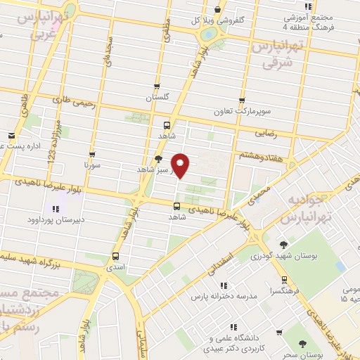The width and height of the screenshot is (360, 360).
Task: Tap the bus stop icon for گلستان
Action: point(157,86)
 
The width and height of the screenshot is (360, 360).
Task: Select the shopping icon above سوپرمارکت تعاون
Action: point(243,101)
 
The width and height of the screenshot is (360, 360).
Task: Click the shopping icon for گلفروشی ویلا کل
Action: point(219,10)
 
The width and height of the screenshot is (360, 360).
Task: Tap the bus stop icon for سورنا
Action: point(92,154)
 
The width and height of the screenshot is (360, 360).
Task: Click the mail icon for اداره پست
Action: point(11,136)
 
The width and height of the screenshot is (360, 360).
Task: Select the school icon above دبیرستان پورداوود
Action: point(56,209)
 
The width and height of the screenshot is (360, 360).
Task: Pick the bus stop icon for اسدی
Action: point(116,256)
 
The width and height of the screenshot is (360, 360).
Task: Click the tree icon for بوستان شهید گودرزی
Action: point(283,244)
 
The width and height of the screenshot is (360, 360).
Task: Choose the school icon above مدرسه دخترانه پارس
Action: point(224,285)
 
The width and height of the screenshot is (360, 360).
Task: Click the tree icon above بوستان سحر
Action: point(303,344)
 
